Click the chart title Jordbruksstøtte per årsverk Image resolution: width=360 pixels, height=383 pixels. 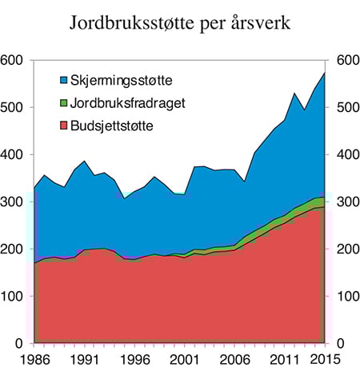click(179, 23)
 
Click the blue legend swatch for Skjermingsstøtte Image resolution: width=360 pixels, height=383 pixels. click(65, 81)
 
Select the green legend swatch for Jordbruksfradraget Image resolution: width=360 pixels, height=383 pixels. click(65, 103)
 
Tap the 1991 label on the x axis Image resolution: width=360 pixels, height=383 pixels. click(86, 361)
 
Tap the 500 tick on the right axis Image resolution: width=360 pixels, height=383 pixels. click(348, 108)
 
